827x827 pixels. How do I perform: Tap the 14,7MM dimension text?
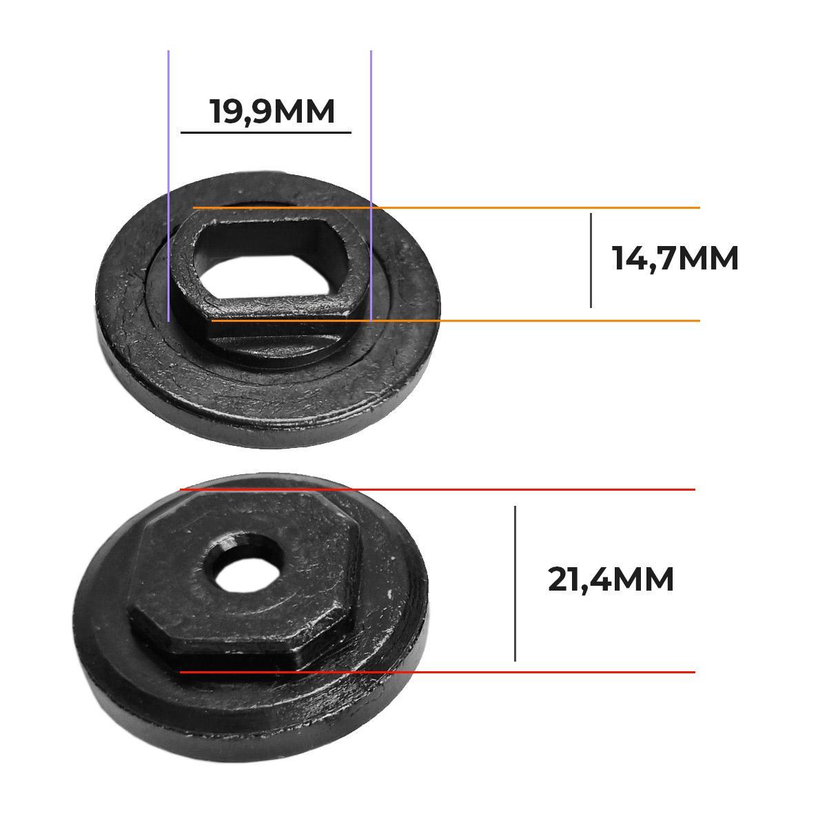click(675, 258)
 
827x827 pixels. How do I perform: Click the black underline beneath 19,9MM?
click(266, 132)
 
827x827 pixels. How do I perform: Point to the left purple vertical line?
click(169, 186)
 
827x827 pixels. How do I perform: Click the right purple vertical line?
click(371, 186)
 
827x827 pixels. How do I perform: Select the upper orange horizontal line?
click(447, 207)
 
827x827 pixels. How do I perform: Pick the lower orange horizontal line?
click(456, 320)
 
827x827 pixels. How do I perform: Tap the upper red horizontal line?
click(438, 490)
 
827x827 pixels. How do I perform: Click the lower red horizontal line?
click(438, 673)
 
